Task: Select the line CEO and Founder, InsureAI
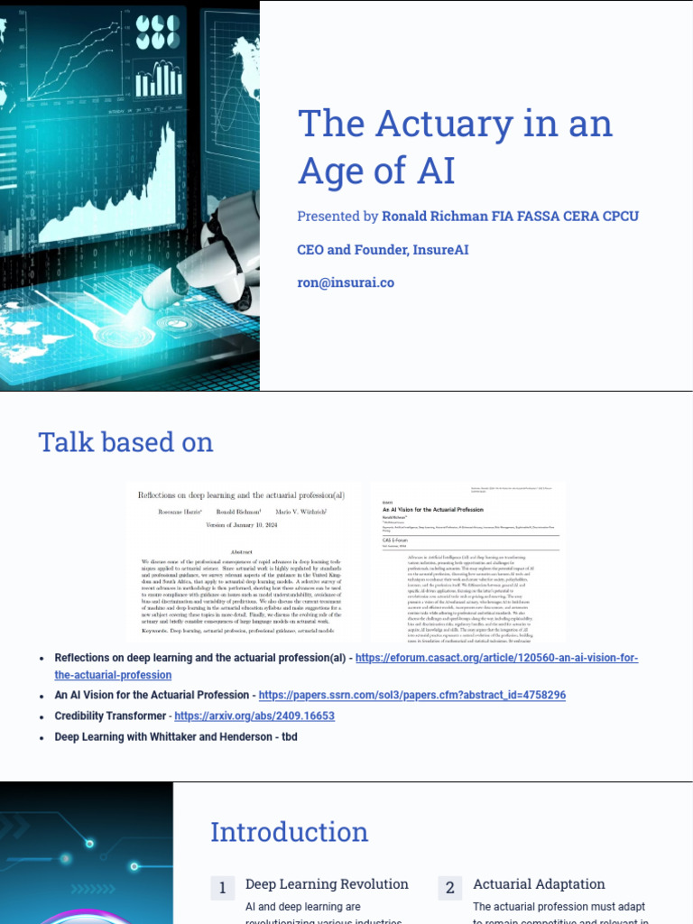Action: pos(383,249)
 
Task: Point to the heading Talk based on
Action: pos(125,442)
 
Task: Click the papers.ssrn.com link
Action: pos(412,695)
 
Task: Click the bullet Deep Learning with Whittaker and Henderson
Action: pos(176,736)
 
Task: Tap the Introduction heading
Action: pos(289,832)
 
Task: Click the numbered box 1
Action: pos(221,889)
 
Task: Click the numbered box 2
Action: pos(448,889)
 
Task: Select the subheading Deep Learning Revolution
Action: pos(327,884)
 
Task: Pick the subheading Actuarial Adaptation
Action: pos(539,884)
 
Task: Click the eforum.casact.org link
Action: pos(496,659)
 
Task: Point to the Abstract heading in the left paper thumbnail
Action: pos(241,551)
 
